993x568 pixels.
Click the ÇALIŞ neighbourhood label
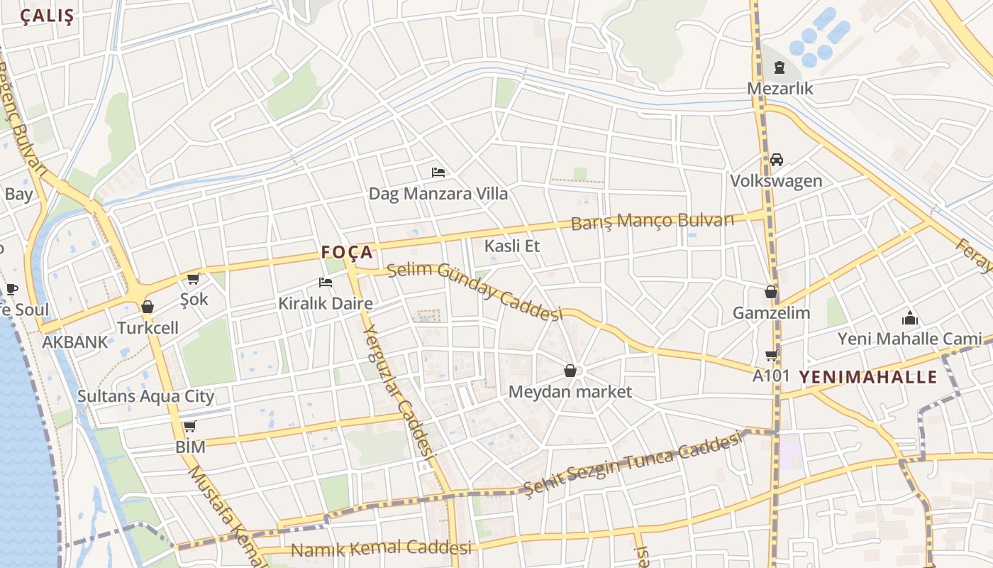47,17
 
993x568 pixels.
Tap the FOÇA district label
347,252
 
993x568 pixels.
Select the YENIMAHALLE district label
868,377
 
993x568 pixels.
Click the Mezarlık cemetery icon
780,68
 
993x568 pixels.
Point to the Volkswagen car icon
777,160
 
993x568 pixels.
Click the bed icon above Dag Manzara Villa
438,172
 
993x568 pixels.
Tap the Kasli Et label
511,246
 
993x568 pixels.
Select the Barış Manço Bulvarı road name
653,221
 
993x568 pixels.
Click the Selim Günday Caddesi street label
474,291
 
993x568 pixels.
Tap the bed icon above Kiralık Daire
326,283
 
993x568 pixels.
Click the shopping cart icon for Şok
194,279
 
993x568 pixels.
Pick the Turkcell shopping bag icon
148,307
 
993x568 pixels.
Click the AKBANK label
75,342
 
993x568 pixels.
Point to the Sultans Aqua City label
145,396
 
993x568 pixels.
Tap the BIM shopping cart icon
189,427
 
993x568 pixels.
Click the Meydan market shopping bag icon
570,371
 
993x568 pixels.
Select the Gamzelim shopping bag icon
771,292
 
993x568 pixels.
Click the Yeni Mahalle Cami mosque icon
910,318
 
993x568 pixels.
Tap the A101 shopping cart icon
771,355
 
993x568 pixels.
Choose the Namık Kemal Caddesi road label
381,549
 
